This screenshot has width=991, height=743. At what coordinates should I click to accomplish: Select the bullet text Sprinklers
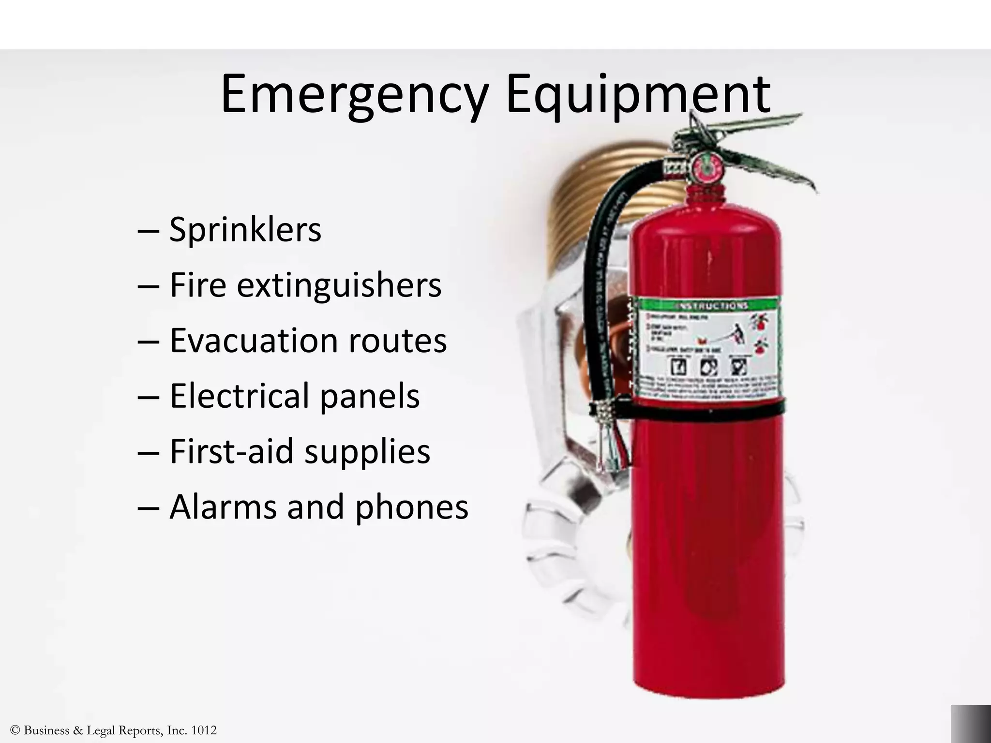point(245,230)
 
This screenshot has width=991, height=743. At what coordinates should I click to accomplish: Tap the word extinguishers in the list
point(339,285)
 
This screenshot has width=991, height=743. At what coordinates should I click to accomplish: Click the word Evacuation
point(254,341)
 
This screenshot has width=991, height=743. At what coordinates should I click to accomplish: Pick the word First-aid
point(232,451)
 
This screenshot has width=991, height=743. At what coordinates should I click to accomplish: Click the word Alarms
point(223,507)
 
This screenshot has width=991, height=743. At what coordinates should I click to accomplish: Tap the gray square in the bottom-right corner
point(971,724)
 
